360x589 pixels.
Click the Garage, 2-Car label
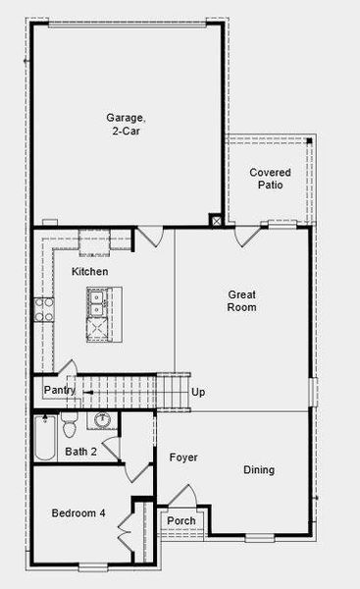point(125,124)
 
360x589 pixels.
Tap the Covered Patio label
point(270,178)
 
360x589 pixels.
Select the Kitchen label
point(89,271)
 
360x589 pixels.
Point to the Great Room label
point(241,300)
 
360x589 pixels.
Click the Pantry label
point(60,391)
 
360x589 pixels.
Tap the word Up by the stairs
point(199,393)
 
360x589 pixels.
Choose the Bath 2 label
point(80,452)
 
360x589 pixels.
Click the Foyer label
point(183,457)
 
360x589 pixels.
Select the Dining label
point(259,469)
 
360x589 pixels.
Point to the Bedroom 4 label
point(79,512)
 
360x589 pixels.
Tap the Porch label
point(180,520)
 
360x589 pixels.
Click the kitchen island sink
point(98,306)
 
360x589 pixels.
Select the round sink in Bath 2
point(102,422)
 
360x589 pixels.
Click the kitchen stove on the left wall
point(42,310)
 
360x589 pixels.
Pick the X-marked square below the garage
point(217,221)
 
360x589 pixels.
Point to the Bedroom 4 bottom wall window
point(92,566)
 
